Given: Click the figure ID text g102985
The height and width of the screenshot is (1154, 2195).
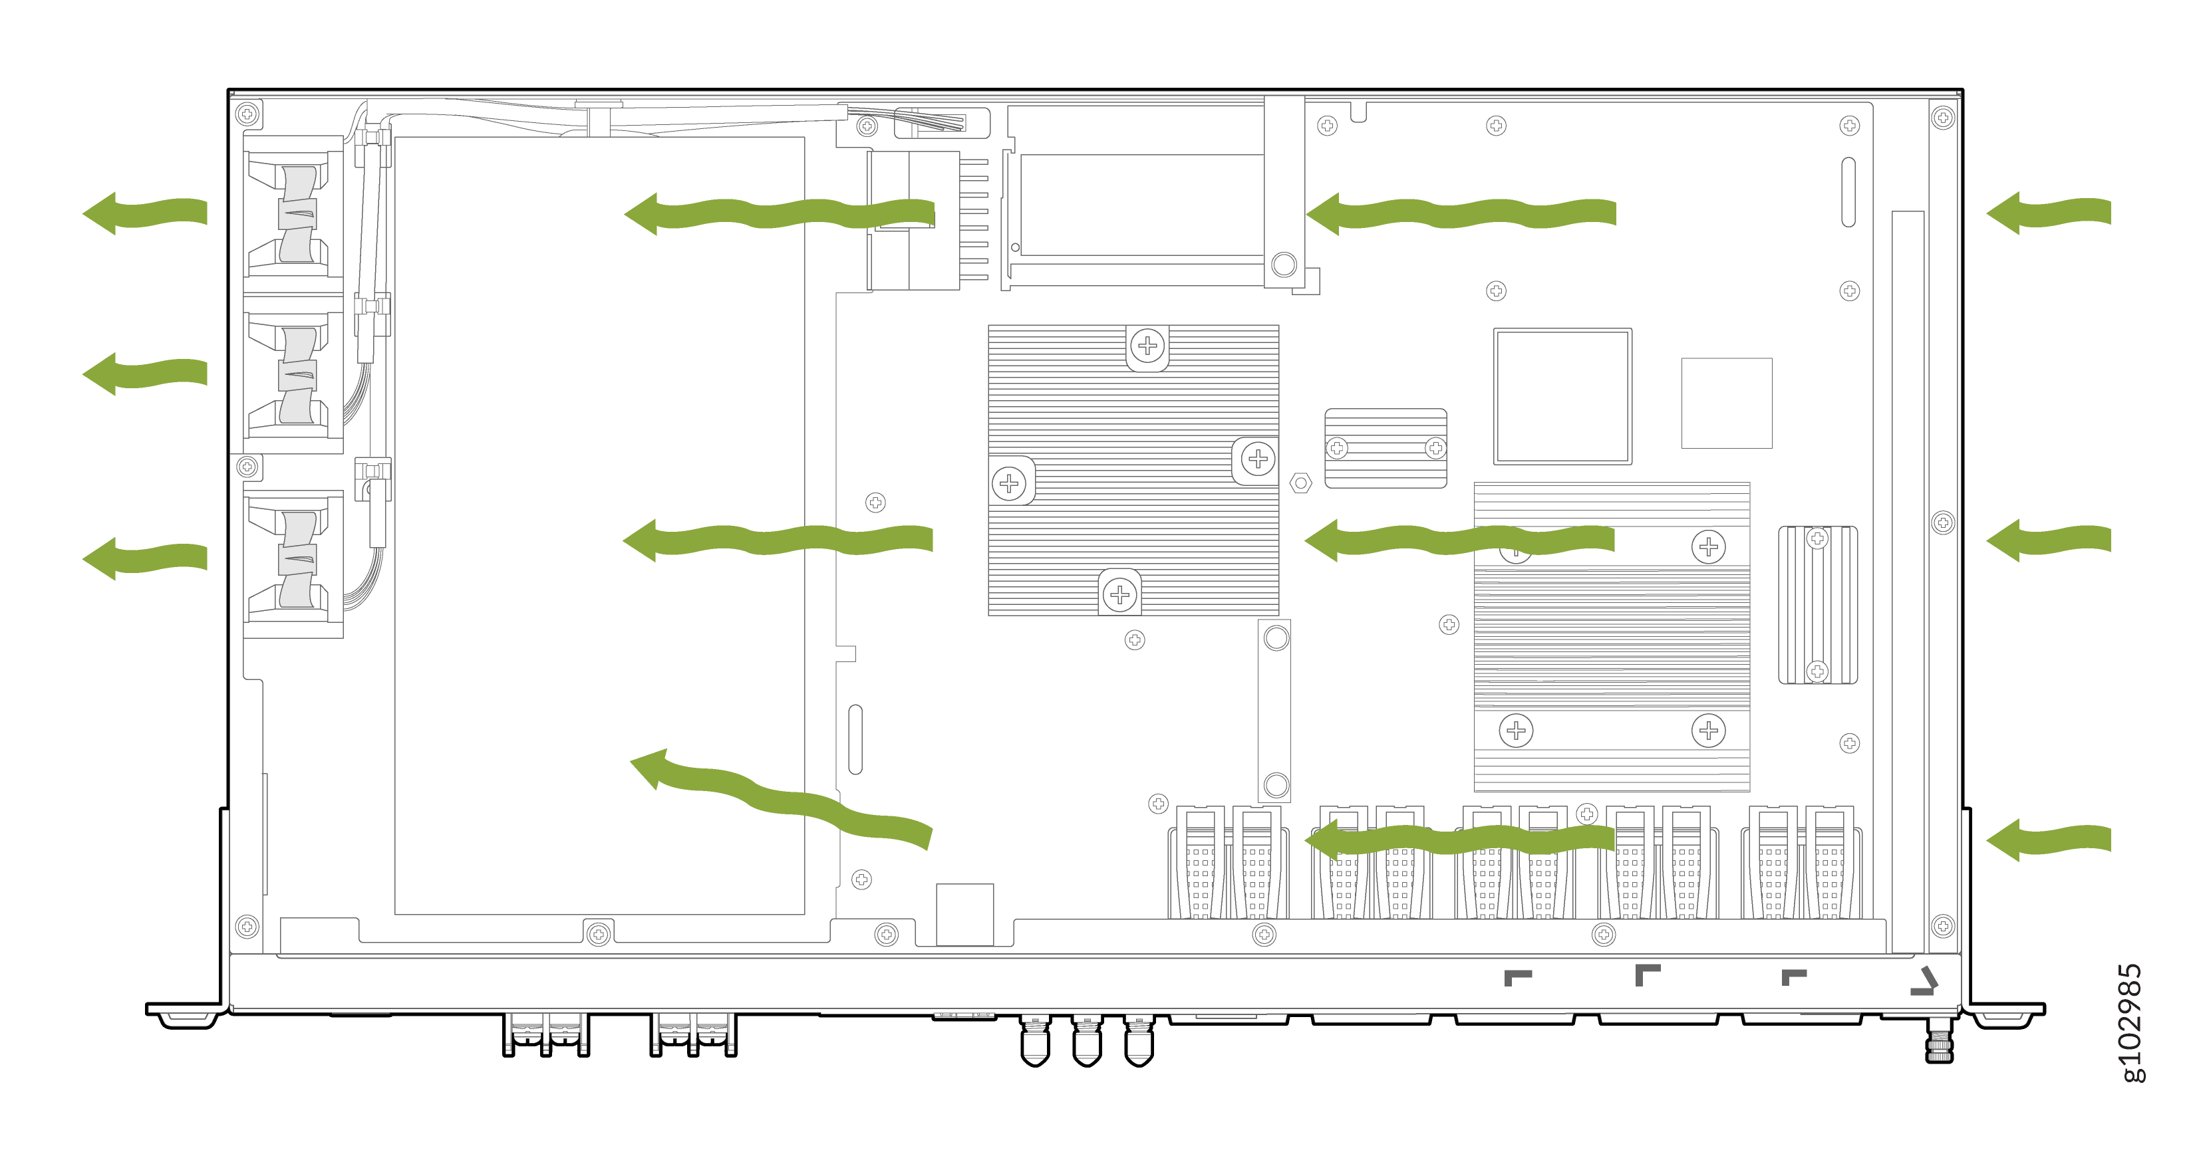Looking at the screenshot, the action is coord(2128,1022).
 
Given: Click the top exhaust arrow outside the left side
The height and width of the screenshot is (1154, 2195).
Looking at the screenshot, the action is coord(145,213).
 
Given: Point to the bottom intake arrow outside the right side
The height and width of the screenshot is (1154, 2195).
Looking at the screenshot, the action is coord(2049,840).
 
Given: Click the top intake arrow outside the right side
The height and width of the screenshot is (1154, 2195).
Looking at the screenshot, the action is coord(2049,213).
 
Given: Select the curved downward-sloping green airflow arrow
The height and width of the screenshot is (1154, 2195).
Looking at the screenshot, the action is coord(780,796).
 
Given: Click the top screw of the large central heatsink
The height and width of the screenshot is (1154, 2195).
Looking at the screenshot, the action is coord(1148,346).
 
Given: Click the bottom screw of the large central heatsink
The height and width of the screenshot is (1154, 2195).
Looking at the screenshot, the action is coord(1119,594).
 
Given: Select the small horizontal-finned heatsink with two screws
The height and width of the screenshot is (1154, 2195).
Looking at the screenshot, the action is coord(1386,448).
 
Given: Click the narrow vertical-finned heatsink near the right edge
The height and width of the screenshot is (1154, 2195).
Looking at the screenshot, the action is coord(1817,605).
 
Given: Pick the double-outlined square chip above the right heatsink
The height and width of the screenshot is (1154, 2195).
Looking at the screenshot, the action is coord(1562,397).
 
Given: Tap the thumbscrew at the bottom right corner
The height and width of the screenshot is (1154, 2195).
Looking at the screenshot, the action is coord(1940,1041).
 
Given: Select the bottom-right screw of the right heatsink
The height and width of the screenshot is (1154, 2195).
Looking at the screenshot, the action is coord(1709,730).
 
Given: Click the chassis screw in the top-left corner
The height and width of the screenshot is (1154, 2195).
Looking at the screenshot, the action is coord(247,113).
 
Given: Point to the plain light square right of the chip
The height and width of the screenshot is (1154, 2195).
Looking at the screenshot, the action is coord(1726,403).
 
